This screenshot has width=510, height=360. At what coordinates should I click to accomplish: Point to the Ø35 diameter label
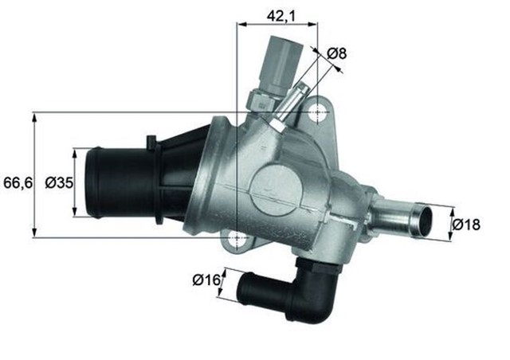(x=60, y=183)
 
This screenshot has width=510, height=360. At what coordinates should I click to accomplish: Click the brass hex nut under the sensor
(x=261, y=100)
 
